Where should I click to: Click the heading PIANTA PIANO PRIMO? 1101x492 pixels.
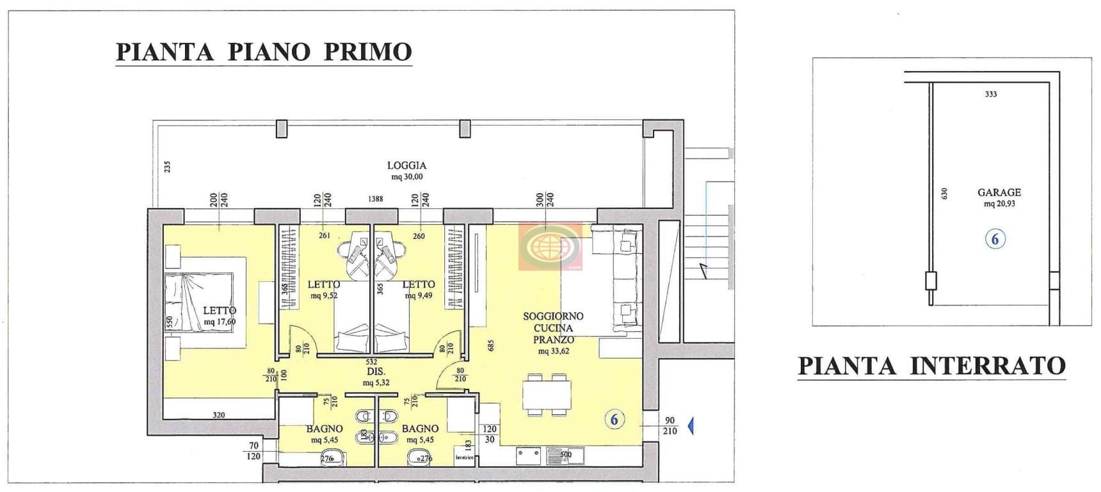point(263,51)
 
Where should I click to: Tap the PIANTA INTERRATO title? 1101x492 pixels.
point(931,366)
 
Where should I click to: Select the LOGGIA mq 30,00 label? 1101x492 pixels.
point(406,170)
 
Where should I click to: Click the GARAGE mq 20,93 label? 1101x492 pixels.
point(999,197)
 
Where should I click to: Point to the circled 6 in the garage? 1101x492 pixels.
point(995,240)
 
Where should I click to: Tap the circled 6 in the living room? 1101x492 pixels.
point(615,420)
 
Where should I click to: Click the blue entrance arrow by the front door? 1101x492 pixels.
point(691,425)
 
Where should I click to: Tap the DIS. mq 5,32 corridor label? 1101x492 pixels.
point(376,377)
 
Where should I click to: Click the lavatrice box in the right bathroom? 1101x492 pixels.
point(465,457)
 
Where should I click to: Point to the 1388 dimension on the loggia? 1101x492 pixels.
point(375,199)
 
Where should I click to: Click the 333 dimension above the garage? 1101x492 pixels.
point(990,94)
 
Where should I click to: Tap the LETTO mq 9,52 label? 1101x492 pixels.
point(324,289)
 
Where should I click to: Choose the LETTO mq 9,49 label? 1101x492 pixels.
point(419,289)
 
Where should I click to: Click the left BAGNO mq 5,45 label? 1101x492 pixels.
point(325,434)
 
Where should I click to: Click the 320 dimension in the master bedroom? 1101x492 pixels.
point(219,415)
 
